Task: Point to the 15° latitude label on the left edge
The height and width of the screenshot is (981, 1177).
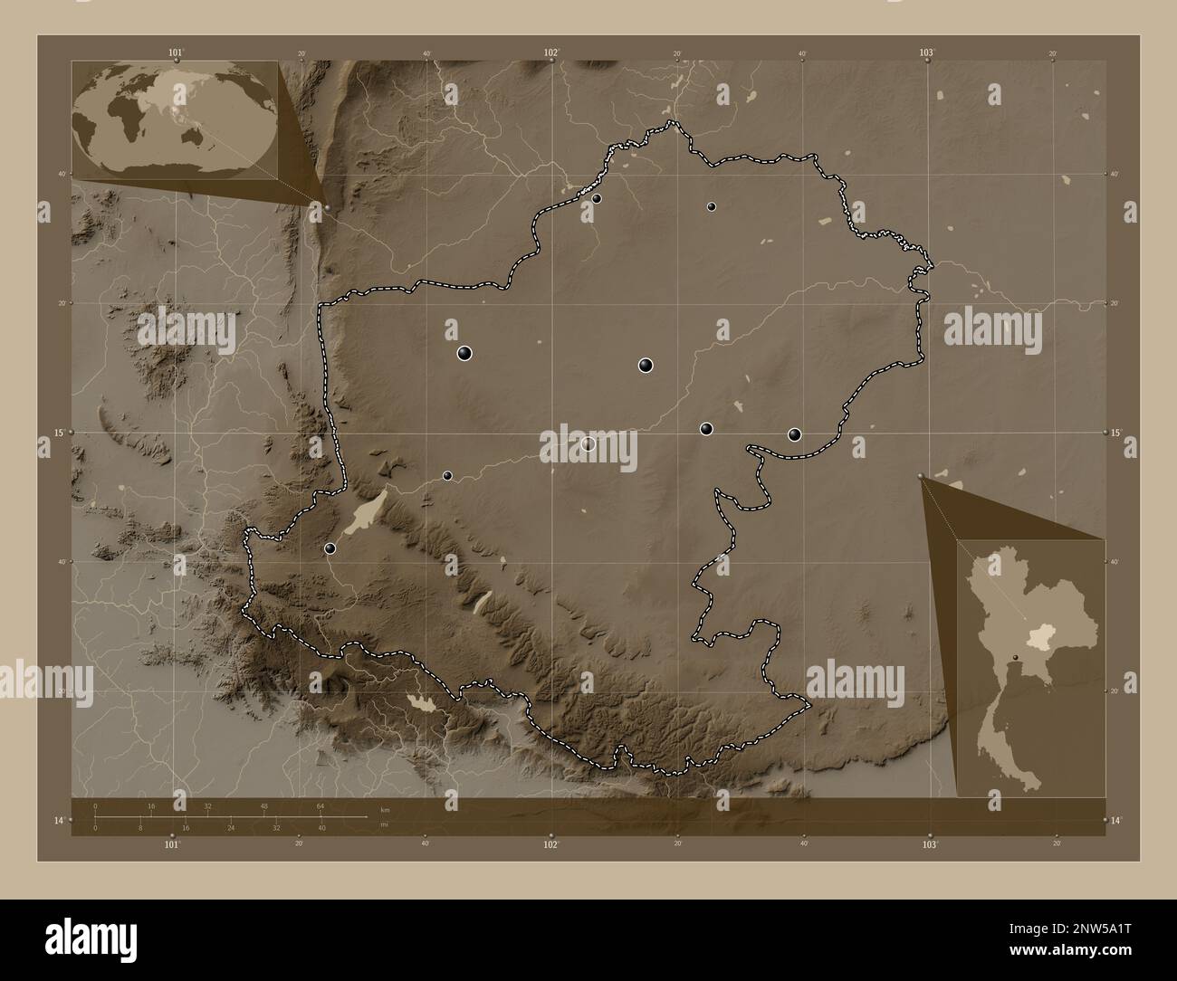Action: coord(59,433)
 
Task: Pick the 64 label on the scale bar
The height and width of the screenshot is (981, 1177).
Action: coord(321,805)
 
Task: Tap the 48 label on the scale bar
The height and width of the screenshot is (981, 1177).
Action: coord(264,805)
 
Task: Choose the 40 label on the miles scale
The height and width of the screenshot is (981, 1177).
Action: coord(321,827)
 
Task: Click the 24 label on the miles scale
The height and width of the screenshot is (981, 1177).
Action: coord(231,827)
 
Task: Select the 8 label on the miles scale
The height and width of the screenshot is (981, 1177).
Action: coord(140,827)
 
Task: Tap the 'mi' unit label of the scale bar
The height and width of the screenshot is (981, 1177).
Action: coord(384,825)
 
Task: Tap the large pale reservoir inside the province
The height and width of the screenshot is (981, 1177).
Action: coord(367,514)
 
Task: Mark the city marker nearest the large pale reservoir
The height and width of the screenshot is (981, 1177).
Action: coord(330,548)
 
